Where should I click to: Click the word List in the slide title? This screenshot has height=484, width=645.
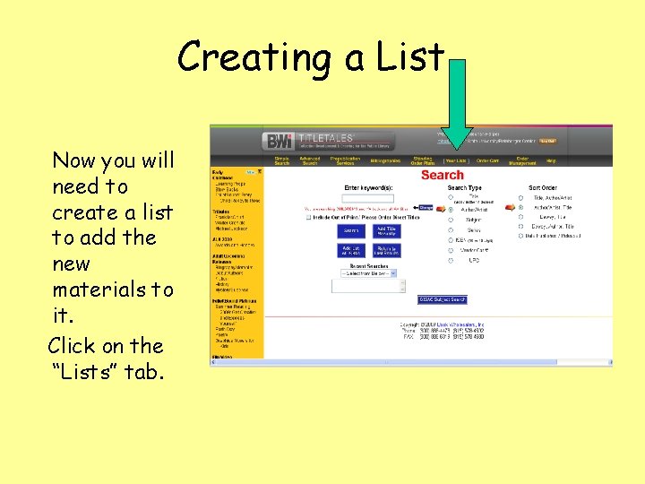[408, 57]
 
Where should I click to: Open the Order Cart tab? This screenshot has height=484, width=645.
[487, 161]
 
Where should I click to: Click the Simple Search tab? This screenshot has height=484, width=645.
[281, 161]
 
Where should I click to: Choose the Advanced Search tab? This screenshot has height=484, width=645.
[310, 161]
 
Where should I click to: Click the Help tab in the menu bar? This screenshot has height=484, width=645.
[551, 161]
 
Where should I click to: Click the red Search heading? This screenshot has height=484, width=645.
[442, 175]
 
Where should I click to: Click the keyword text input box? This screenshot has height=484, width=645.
[368, 198]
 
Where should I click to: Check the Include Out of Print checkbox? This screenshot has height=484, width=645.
[309, 217]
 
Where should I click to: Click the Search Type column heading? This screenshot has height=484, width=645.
[464, 188]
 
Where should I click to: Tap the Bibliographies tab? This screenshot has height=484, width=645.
[384, 161]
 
